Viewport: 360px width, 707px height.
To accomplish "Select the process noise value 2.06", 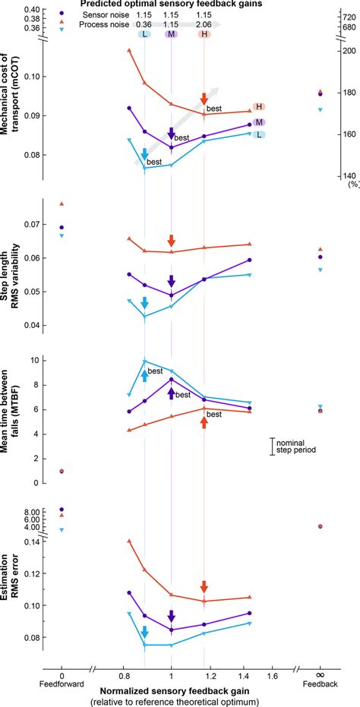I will tap(204, 25).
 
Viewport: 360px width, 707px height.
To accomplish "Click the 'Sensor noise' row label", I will tap(96, 14).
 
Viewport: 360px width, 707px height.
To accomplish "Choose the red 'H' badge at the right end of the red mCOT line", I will tap(260, 106).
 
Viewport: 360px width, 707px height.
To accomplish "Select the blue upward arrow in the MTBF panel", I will tap(144, 375).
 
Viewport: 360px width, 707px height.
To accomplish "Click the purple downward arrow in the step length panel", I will tap(172, 281).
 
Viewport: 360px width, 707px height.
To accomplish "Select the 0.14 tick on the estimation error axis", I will tap(34, 541).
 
